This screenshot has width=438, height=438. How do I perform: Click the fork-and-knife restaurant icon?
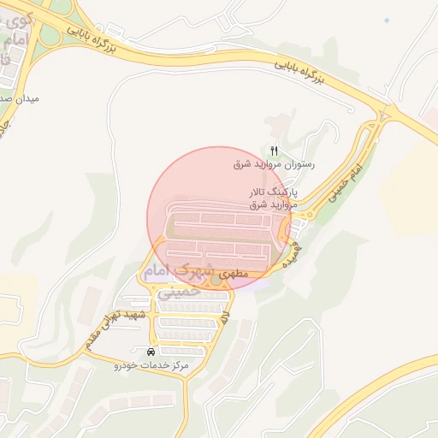(x=274, y=151)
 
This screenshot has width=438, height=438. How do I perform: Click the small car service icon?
(x=151, y=352)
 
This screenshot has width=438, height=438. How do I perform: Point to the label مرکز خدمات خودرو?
(x=151, y=365)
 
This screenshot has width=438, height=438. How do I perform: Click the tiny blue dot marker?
(x=387, y=20)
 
